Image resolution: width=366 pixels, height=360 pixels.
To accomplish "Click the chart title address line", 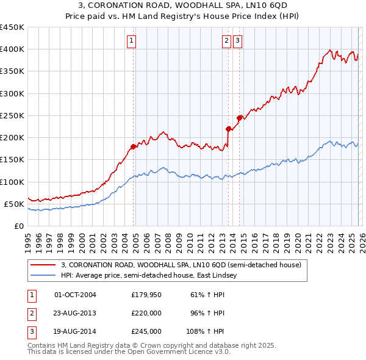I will click(183, 5).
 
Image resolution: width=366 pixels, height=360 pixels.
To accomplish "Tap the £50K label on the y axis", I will click(14, 204).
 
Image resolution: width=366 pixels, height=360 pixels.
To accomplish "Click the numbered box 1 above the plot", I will click(132, 41).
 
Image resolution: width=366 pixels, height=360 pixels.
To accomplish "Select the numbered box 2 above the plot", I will click(226, 41).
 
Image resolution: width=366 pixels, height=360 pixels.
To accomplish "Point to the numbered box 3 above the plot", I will click(237, 41).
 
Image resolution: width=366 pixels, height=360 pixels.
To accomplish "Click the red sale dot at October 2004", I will click(133, 146).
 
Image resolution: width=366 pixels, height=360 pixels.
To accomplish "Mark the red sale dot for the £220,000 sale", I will click(228, 129).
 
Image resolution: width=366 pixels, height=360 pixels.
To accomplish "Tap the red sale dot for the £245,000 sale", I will click(239, 118).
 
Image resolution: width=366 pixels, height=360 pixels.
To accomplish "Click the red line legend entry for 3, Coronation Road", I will click(181, 265).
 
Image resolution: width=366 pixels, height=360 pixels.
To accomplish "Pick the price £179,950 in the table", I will click(146, 295).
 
